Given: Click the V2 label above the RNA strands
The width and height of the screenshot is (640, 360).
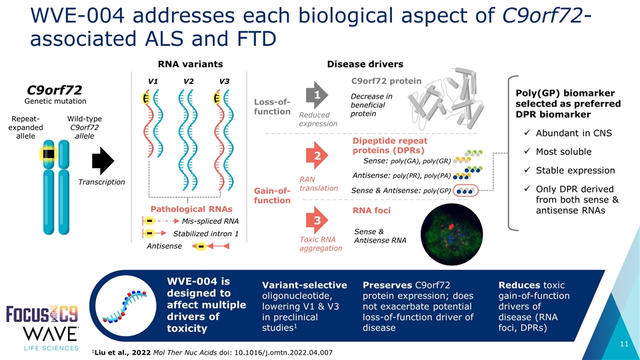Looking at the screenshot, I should click(188, 81).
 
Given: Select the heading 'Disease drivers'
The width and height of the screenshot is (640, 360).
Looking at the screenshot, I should click(365, 64).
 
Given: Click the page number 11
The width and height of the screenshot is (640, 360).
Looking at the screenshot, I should click(623, 344).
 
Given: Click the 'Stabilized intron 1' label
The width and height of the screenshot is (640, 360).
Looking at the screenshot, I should click(206, 233).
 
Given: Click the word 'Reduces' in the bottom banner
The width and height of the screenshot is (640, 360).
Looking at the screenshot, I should click(519, 285).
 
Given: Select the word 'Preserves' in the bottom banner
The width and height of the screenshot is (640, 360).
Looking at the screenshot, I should click(386, 285).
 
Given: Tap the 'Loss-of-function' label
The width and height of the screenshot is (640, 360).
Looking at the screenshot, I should click(272, 106).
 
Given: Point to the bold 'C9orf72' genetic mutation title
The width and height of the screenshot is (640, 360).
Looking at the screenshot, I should click(53, 89).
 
